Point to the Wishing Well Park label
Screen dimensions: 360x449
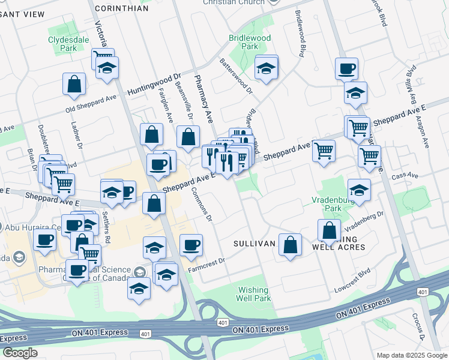[x=253, y=293]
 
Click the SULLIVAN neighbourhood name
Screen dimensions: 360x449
[x=254, y=244]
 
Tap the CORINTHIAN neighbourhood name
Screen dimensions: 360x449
[x=121, y=8]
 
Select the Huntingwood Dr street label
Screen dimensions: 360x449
[x=154, y=82]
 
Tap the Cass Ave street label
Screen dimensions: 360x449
[x=405, y=176]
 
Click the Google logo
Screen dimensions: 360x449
[x=20, y=353]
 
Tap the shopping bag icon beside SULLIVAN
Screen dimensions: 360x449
[x=290, y=244]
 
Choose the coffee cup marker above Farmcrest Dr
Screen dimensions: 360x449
[x=191, y=244]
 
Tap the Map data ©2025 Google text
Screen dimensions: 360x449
[x=411, y=355]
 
